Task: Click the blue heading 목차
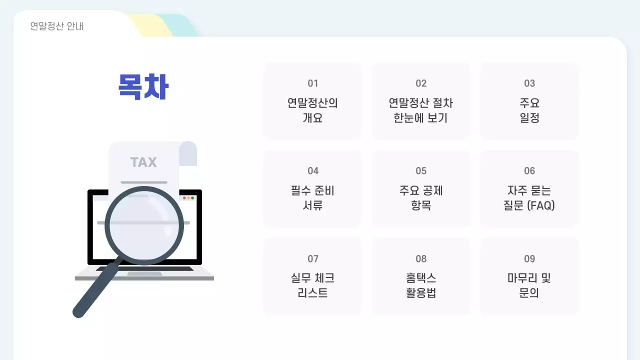[143, 87]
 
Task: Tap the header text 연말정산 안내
[57, 26]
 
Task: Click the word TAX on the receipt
[143, 162]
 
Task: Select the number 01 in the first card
[313, 83]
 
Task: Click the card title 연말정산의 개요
[313, 110]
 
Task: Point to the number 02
[421, 83]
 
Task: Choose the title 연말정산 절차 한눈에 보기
[421, 110]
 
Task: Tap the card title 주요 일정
[529, 110]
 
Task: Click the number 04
[313, 171]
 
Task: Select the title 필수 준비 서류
[313, 198]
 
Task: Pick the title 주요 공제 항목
[421, 198]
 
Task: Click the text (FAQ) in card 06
[541, 205]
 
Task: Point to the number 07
[313, 259]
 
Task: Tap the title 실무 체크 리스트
[313, 285]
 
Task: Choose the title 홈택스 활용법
[421, 285]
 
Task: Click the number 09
[529, 259]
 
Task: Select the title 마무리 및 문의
[529, 285]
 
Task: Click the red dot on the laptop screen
[184, 198]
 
